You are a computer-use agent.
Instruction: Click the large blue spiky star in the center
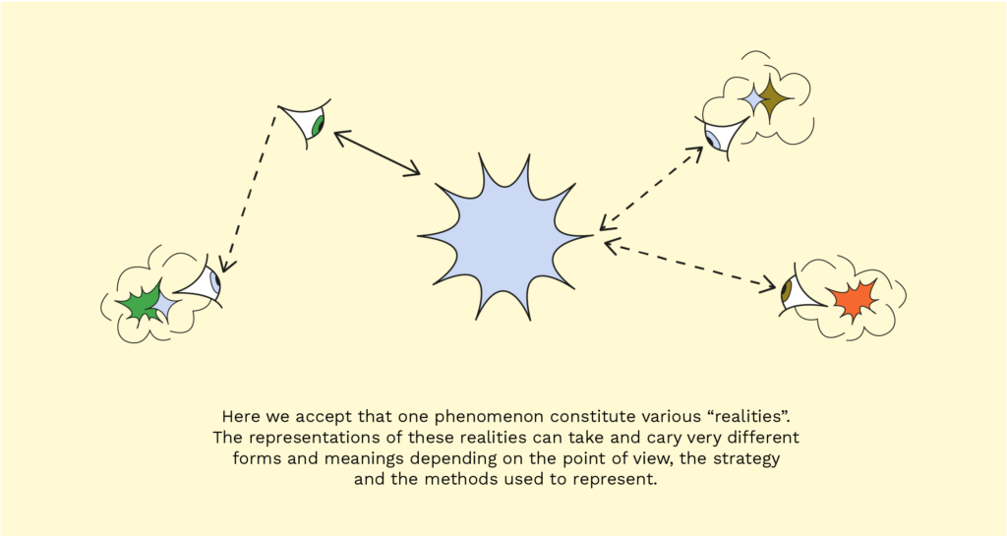coord(505,237)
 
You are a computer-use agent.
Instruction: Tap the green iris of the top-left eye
coord(317,127)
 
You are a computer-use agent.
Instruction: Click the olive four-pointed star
coord(773,98)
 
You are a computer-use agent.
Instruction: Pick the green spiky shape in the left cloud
coord(140,302)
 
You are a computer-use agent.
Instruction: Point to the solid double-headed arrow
coord(377,152)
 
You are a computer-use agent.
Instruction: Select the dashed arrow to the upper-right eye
coord(651,188)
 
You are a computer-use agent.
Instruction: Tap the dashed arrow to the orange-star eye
coord(689,265)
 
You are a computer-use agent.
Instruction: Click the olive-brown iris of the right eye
coord(786,291)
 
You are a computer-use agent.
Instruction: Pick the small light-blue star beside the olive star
coord(751,99)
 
